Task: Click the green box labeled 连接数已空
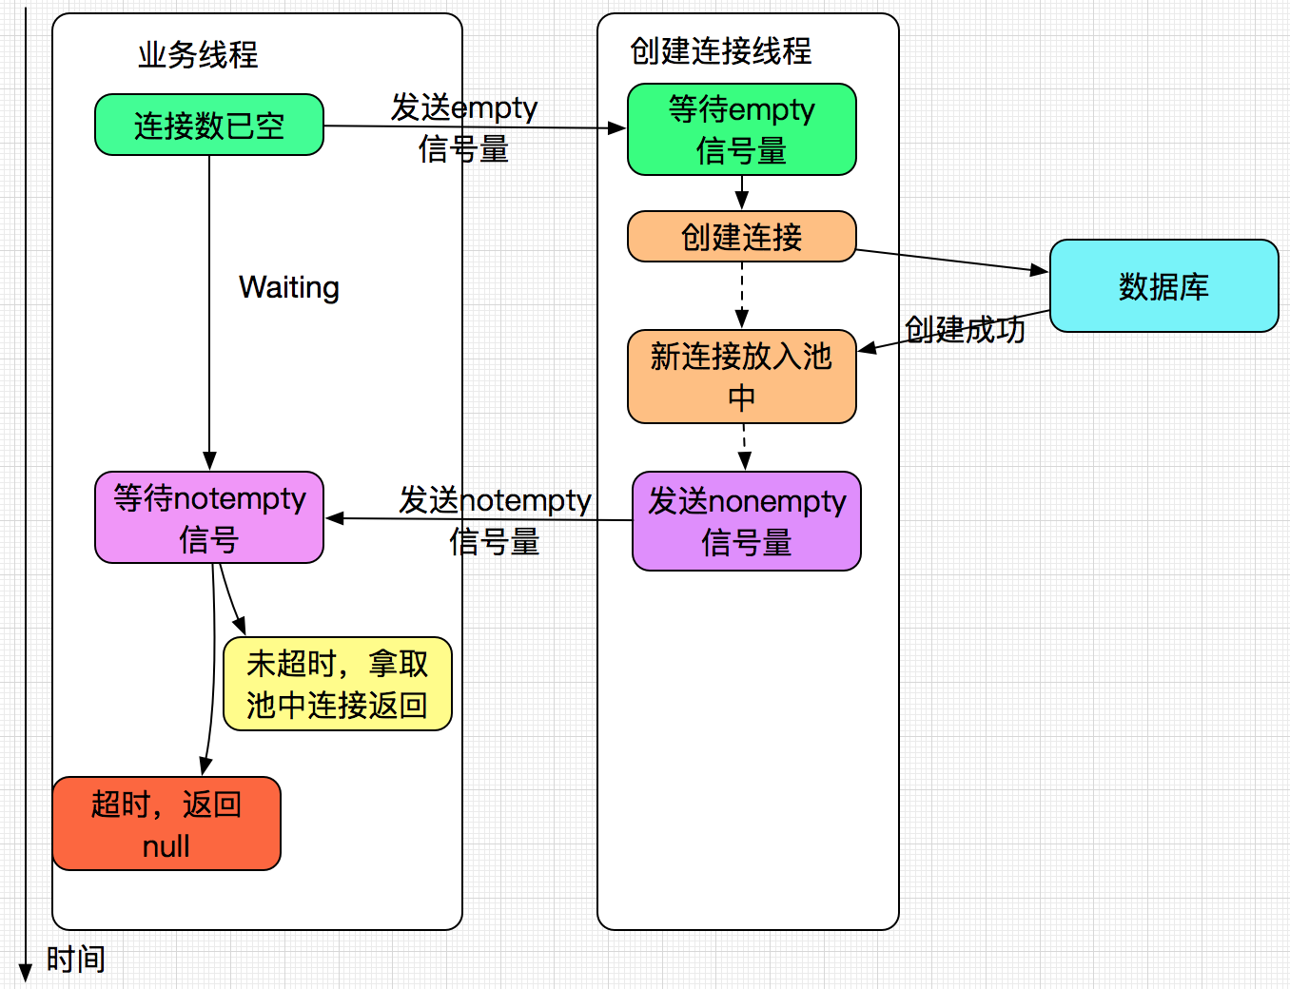(x=209, y=125)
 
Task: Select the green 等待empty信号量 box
(x=741, y=129)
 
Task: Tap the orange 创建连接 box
(x=741, y=236)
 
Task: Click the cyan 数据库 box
(x=1163, y=285)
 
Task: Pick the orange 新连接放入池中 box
(x=741, y=377)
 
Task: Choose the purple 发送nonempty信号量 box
(x=746, y=521)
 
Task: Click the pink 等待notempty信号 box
(x=209, y=517)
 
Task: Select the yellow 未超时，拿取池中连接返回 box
(x=337, y=684)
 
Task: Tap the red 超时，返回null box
(x=166, y=824)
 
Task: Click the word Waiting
(x=289, y=287)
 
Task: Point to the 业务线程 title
(x=198, y=54)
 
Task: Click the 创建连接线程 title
(x=721, y=50)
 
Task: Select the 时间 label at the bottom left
(x=75, y=959)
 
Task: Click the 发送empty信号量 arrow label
(x=464, y=127)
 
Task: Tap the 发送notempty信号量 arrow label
(x=495, y=520)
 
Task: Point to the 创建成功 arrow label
(x=965, y=329)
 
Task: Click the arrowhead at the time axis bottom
(x=26, y=974)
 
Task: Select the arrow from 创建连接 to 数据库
(x=951, y=261)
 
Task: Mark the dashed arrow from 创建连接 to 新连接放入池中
(x=742, y=295)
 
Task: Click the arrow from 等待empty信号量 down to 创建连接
(x=742, y=193)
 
